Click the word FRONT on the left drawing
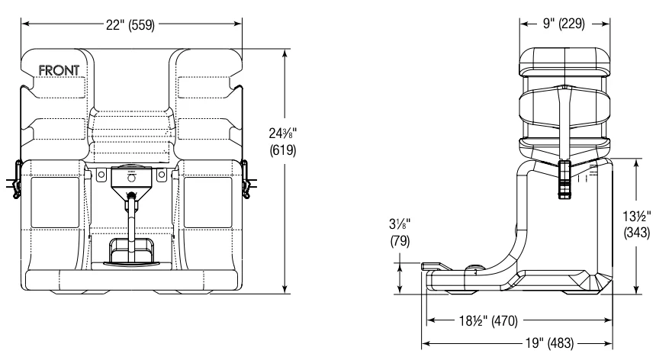point(63,71)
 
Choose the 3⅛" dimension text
point(398,226)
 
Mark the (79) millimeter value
point(398,242)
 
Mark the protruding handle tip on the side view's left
point(427,265)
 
